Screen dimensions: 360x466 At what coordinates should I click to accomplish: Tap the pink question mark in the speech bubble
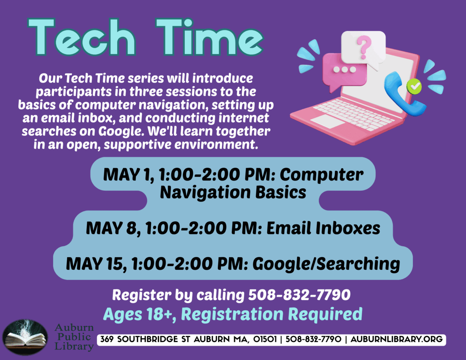[363, 45]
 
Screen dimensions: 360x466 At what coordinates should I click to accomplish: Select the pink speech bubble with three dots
[344, 70]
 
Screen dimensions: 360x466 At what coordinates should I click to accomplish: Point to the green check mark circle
[415, 86]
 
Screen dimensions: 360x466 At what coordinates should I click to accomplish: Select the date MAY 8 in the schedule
[110, 228]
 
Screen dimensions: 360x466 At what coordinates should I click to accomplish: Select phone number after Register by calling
[299, 296]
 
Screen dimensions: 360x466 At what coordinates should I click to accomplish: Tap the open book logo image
[25, 337]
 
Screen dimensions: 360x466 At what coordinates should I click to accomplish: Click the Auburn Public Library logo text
[74, 337]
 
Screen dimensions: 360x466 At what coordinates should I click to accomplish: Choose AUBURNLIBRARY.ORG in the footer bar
[396, 339]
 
